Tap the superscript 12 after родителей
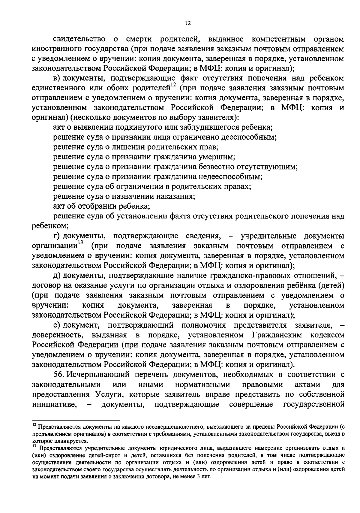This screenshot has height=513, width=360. coord(173,85)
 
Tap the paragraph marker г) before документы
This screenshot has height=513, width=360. coord(57,236)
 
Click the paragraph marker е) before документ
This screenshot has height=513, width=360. coord(57,325)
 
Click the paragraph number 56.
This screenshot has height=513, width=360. coord(59,374)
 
